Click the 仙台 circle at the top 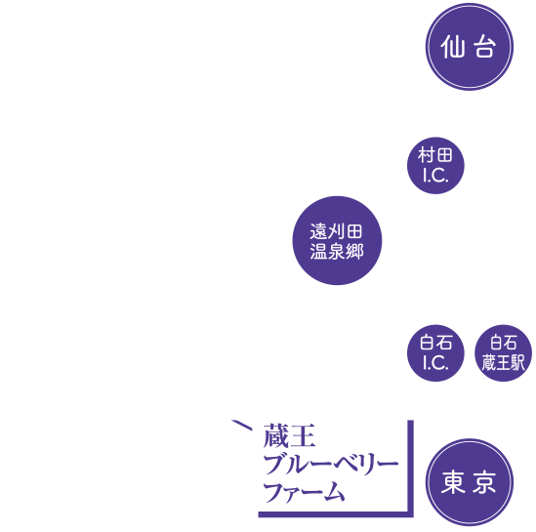coord(463,46)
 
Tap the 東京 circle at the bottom coord(463,484)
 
